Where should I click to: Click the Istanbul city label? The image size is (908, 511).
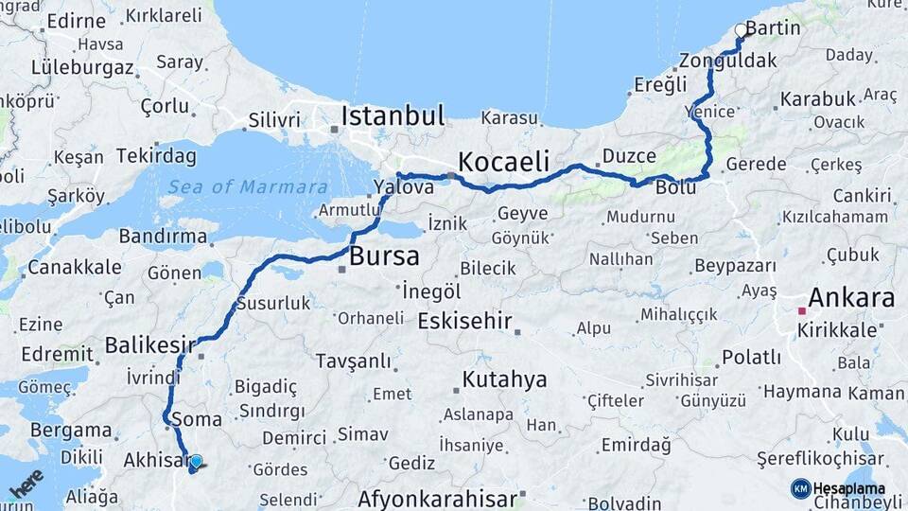point(393,116)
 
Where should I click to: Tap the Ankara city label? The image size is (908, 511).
point(847,299)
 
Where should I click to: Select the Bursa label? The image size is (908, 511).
point(384,256)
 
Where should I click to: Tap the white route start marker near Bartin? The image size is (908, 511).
point(741,30)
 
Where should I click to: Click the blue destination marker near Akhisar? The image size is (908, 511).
point(196,462)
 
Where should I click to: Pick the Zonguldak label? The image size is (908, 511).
point(726,61)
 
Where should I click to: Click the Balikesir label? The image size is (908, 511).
point(149,344)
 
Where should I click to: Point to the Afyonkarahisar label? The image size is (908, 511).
point(438,499)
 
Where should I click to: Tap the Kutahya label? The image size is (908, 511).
point(504,380)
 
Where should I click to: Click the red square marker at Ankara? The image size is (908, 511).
point(801,310)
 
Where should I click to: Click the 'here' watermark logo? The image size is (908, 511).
point(26,484)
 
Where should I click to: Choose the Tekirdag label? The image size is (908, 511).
point(156,156)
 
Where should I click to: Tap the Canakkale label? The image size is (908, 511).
point(74,268)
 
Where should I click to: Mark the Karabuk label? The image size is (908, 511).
point(818,98)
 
